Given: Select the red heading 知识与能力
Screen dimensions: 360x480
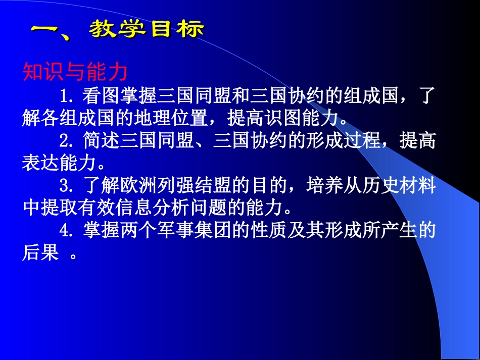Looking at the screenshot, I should coord(75,73).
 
